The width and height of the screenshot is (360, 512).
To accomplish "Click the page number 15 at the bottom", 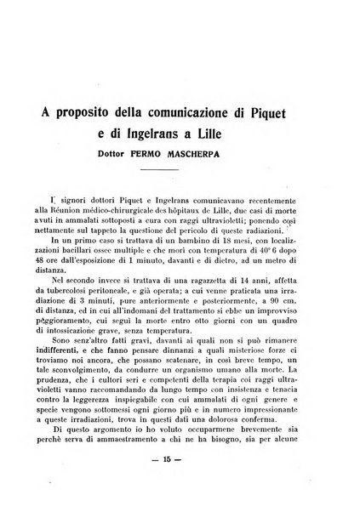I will (179, 486).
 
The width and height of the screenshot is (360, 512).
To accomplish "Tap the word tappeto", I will (130, 230).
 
